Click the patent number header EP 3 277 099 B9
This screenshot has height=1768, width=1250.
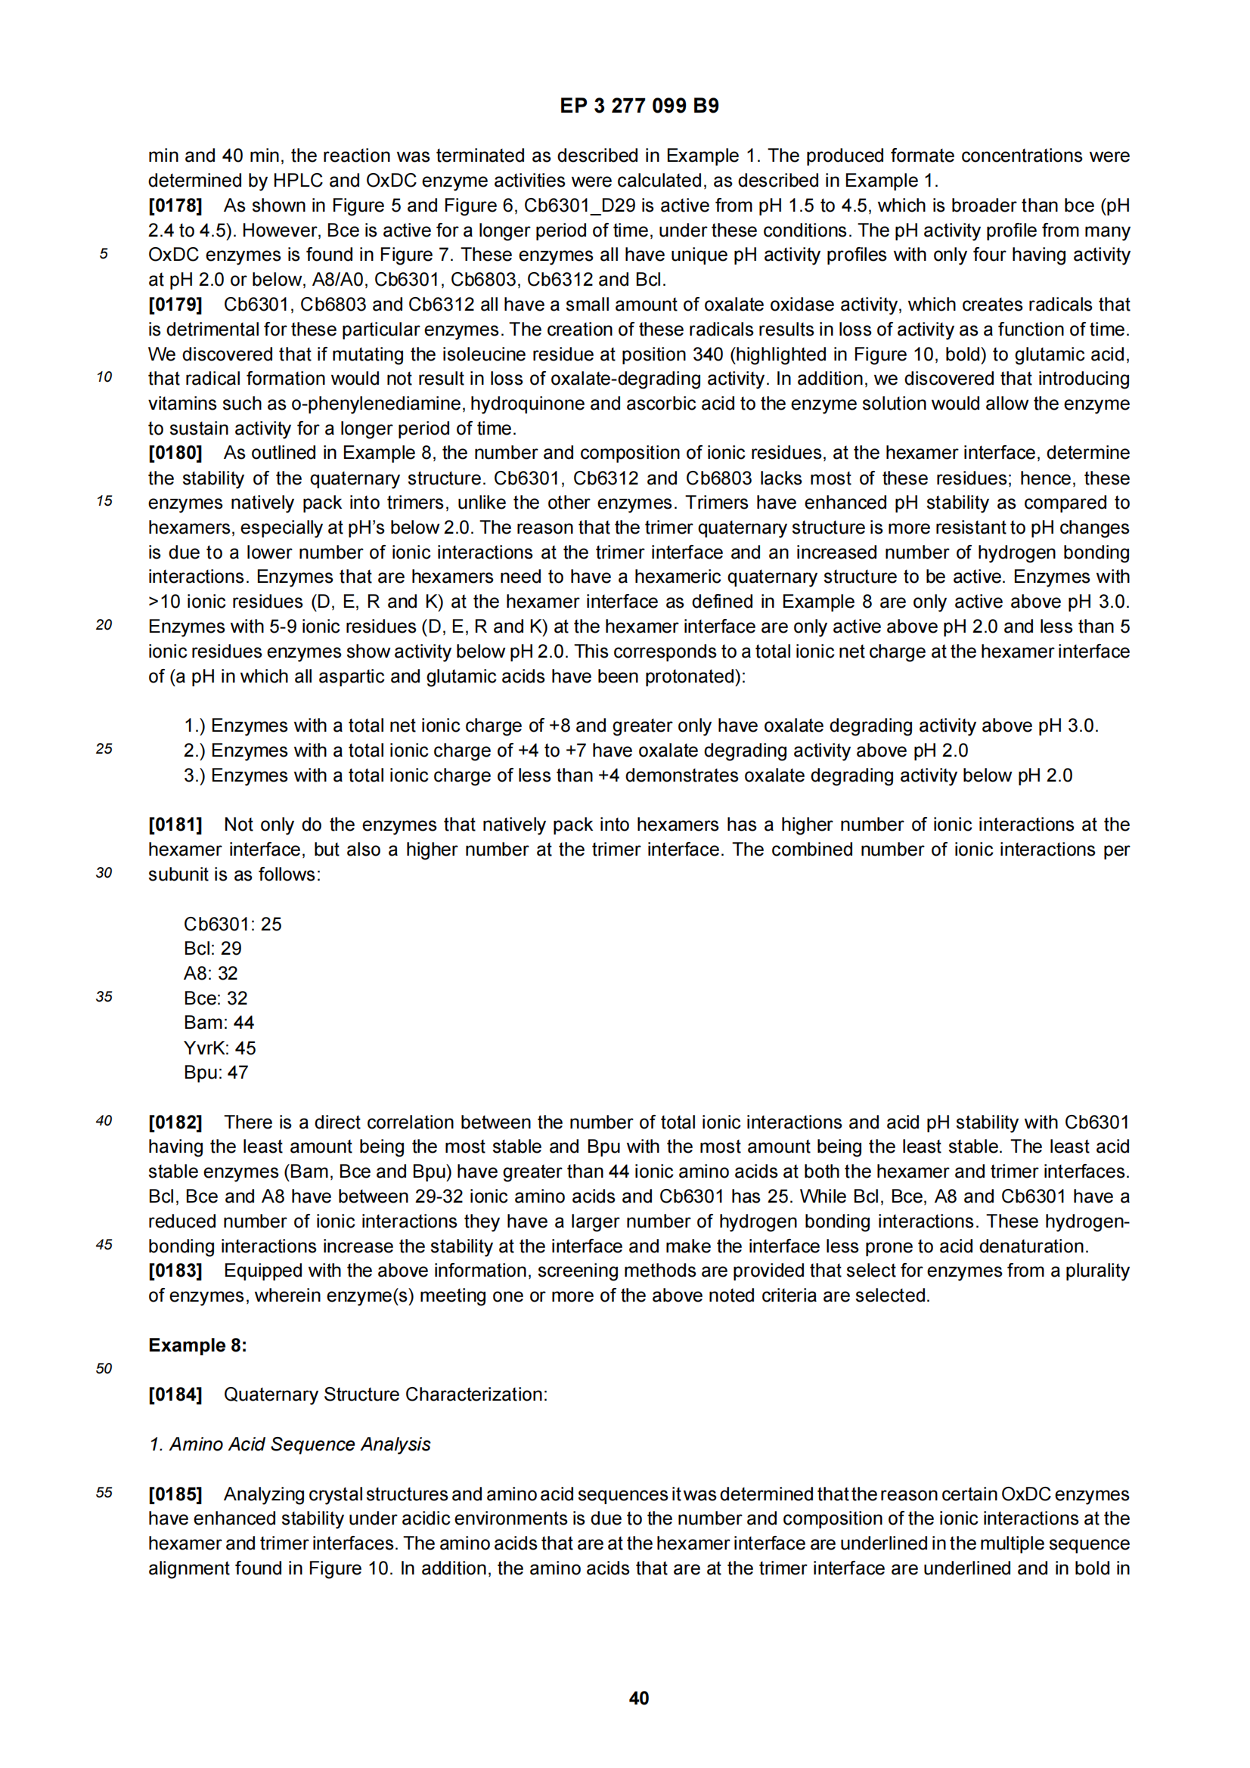pos(638,106)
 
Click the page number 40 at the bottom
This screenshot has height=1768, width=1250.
pos(638,1698)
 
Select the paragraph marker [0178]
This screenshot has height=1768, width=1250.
pos(175,206)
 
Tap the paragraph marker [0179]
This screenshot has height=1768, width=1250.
pos(175,304)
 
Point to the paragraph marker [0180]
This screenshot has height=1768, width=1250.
pos(175,453)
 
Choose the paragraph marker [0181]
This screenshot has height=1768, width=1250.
pos(175,825)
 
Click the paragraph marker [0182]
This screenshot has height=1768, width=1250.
pos(175,1122)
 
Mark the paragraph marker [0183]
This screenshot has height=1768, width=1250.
pos(175,1271)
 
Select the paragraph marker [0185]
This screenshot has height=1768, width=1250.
pos(175,1494)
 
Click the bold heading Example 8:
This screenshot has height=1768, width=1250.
pos(197,1345)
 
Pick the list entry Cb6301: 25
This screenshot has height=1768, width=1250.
pos(233,924)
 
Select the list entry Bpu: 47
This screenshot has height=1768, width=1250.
pos(216,1073)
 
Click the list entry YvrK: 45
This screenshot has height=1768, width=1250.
pos(219,1048)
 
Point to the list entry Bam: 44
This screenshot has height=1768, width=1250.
pos(219,1023)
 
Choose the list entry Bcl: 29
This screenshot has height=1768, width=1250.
pos(212,949)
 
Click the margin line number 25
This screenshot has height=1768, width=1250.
pos(104,749)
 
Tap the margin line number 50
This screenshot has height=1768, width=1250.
pos(104,1369)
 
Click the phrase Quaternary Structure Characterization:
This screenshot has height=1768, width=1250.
pos(385,1395)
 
